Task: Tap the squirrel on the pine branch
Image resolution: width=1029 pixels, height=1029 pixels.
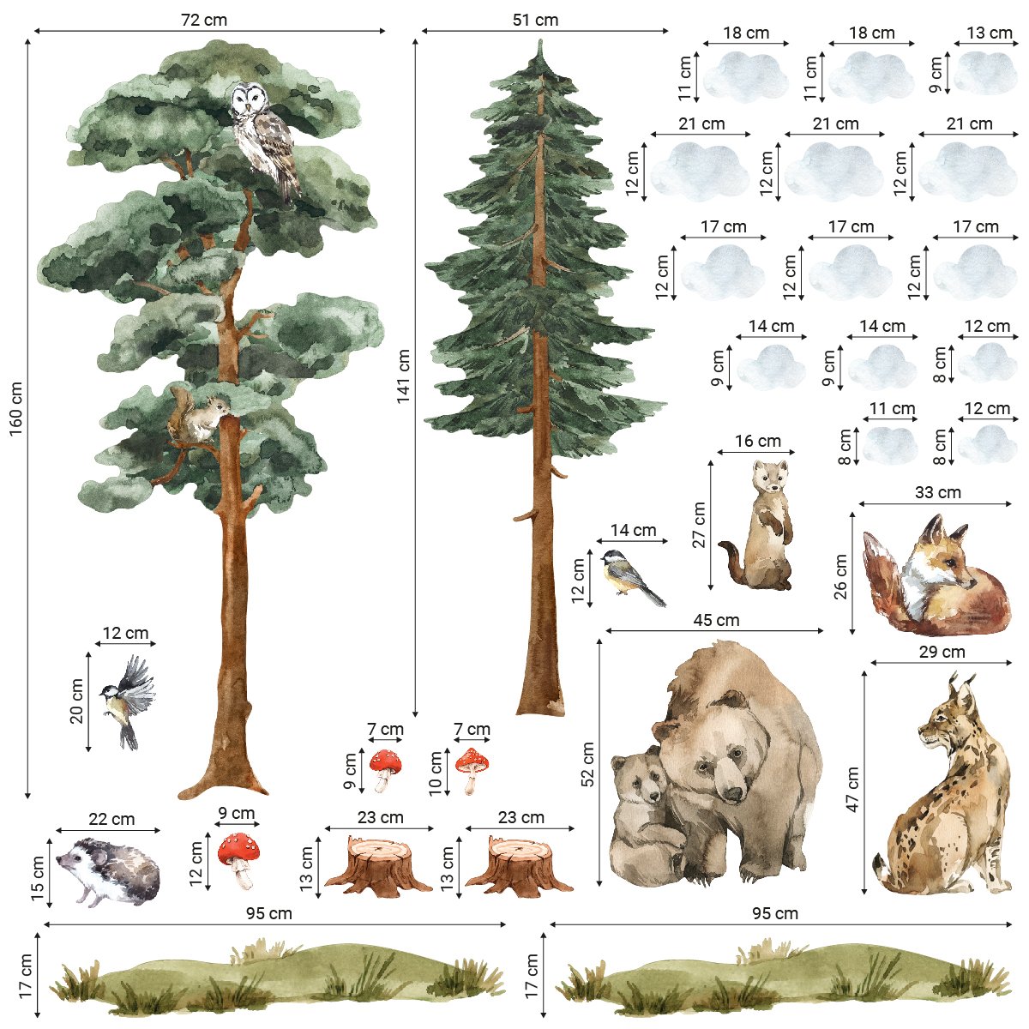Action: (x=196, y=415)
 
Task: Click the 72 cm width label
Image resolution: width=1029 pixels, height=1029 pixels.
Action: (x=204, y=20)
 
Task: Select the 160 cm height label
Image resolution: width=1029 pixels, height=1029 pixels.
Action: (x=16, y=408)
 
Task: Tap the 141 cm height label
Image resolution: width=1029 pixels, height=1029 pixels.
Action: (x=403, y=376)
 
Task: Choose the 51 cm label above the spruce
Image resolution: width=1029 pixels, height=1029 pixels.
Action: (x=535, y=20)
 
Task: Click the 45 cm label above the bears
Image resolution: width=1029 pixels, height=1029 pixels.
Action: (x=716, y=620)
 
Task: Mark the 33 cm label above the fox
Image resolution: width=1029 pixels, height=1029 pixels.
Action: (x=938, y=492)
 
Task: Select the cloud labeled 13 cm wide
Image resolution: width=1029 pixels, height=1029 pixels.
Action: (x=984, y=72)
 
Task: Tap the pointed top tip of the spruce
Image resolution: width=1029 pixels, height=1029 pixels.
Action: (x=540, y=40)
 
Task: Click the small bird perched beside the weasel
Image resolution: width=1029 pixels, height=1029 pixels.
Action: (x=633, y=578)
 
